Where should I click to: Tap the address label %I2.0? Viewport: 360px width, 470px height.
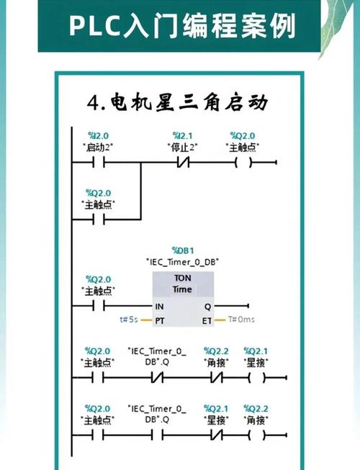coord(98,135)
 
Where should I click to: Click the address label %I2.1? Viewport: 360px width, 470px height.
coord(183,135)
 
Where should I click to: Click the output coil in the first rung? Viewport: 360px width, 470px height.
coord(243,163)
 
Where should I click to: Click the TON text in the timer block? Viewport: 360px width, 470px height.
coord(183,278)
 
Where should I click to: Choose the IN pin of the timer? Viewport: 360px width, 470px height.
coord(159,306)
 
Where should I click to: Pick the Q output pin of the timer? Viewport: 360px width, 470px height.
coord(207,306)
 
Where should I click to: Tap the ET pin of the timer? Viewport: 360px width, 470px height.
coord(207,318)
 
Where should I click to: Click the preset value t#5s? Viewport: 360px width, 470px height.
coord(130,318)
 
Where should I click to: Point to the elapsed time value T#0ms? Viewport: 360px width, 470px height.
coord(241,318)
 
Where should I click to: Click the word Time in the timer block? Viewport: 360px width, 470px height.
coord(183,289)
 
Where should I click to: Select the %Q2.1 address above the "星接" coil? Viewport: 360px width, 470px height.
coord(255,351)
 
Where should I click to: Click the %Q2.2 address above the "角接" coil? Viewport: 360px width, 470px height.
coord(255,408)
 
